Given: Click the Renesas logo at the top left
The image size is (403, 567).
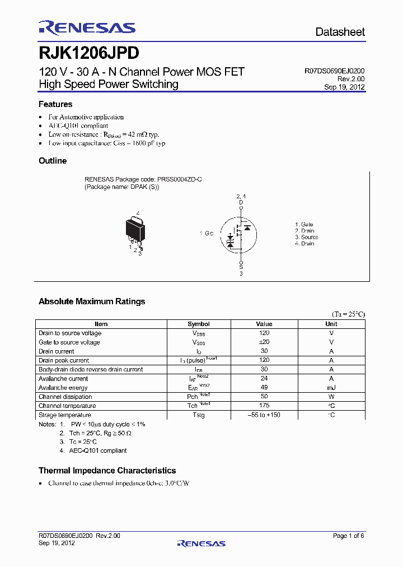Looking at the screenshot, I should pos(87,28).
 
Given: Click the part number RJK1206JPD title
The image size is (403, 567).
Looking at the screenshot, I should pos(88,53).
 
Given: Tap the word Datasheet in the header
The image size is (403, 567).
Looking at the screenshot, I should pos(340,32).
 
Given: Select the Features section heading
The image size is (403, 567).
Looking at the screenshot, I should pos(55,104).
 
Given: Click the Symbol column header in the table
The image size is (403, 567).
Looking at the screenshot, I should pos(198,324).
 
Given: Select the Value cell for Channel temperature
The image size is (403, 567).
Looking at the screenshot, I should pos(264,406).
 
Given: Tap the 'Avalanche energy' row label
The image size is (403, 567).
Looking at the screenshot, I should pos(63,388).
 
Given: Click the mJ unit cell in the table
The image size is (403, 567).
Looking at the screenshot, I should pos(331,388).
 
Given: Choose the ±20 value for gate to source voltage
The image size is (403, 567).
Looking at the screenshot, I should pos(264,342).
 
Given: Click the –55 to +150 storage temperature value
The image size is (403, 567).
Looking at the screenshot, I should pos(264,415).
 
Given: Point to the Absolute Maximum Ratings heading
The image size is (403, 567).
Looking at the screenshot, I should pos(92,301).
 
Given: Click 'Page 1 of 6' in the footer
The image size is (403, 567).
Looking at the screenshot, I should pos(348,536).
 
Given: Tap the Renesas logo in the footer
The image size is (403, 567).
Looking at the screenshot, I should pos(201,543).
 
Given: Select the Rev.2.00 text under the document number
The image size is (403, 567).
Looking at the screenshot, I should pos(351,80).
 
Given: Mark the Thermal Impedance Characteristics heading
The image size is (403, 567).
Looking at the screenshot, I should pos(107,471).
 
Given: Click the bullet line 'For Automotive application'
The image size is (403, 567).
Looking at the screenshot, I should pos(86,117).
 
